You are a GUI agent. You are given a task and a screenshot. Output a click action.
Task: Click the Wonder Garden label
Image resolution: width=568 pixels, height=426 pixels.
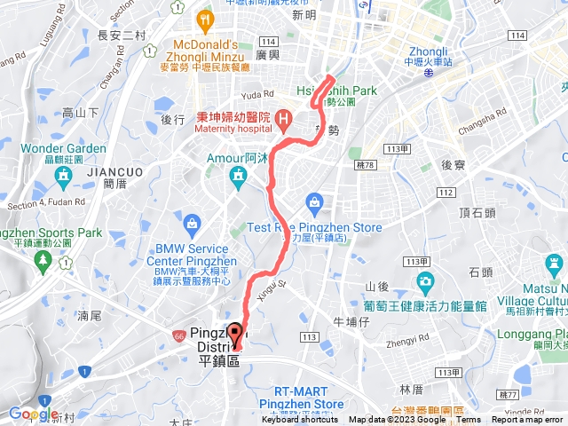[x=63, y=148]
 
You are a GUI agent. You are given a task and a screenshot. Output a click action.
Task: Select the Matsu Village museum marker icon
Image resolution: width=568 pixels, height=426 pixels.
[x=553, y=264]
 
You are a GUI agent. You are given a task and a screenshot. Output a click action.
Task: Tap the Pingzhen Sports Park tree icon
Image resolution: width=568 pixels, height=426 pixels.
[x=42, y=259]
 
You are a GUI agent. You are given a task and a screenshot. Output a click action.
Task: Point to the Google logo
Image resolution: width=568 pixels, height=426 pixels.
[x=34, y=414]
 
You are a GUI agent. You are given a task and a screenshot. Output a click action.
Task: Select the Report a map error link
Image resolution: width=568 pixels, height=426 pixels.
[x=528, y=420]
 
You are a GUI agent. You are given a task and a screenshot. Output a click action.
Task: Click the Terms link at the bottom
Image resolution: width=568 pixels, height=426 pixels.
[x=469, y=420]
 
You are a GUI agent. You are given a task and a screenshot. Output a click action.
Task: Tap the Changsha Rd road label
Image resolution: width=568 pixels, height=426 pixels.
[x=482, y=120]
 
